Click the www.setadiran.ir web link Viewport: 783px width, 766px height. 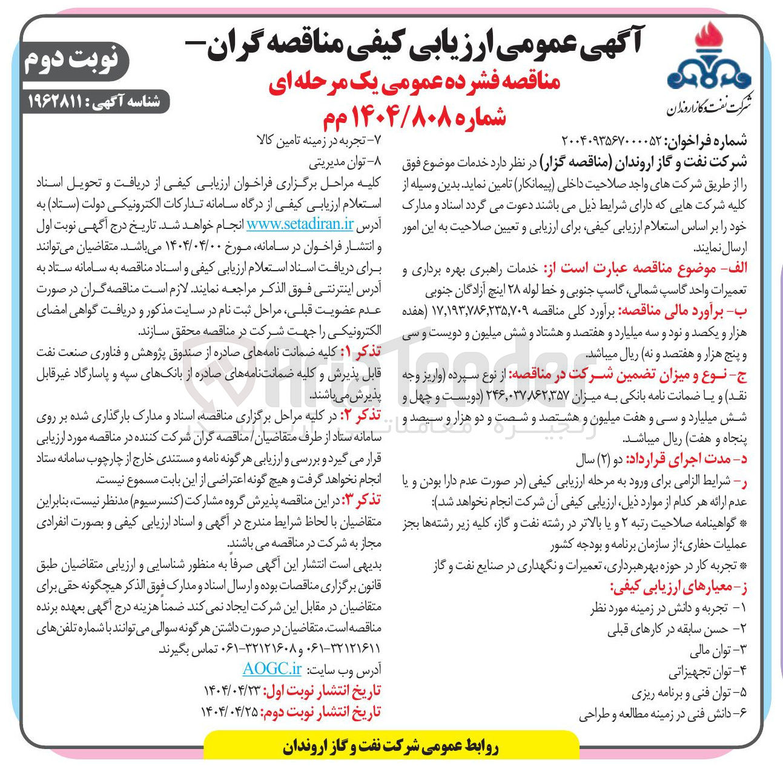(x=300, y=224)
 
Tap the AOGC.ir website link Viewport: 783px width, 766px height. (x=272, y=669)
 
